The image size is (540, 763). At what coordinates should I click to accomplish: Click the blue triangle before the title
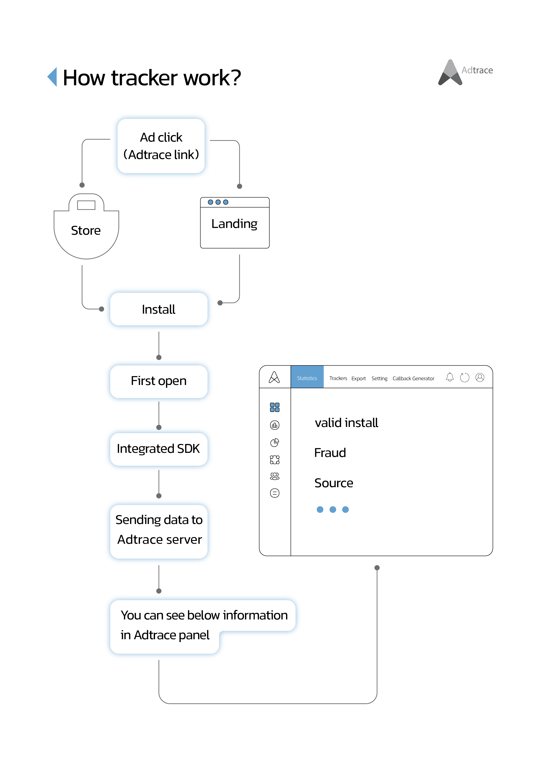click(52, 77)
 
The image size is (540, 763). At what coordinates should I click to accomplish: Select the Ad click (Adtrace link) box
click(161, 146)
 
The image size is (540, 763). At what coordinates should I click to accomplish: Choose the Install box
click(159, 309)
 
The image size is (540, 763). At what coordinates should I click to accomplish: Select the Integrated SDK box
click(159, 449)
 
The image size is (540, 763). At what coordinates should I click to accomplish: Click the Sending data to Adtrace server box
click(159, 531)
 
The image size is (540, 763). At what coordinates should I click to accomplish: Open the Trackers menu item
click(338, 378)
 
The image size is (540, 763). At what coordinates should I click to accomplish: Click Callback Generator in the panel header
click(413, 378)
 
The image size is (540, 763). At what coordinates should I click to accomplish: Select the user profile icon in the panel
click(480, 378)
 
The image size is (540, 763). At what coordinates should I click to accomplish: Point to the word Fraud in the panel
click(330, 453)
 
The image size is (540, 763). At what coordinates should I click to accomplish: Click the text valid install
click(346, 423)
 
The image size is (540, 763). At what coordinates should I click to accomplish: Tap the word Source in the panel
click(334, 483)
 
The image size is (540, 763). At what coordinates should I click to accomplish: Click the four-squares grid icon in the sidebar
click(275, 407)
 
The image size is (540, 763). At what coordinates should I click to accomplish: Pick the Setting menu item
click(379, 378)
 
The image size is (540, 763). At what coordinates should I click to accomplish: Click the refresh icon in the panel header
click(464, 378)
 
